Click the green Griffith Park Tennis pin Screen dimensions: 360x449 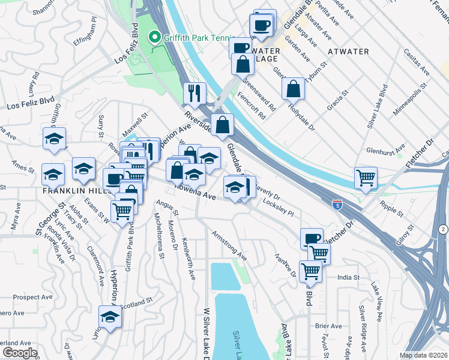(x=154, y=38)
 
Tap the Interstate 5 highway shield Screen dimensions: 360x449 (x=338, y=205)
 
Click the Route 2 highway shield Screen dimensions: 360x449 (x=442, y=229)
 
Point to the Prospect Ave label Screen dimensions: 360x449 (x=33, y=297)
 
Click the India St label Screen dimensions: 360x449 (x=348, y=277)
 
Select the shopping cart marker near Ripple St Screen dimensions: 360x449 (x=366, y=178)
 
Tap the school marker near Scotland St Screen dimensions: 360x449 (x=110, y=317)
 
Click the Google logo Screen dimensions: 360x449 (x=19, y=353)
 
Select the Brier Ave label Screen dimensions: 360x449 (x=328, y=326)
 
